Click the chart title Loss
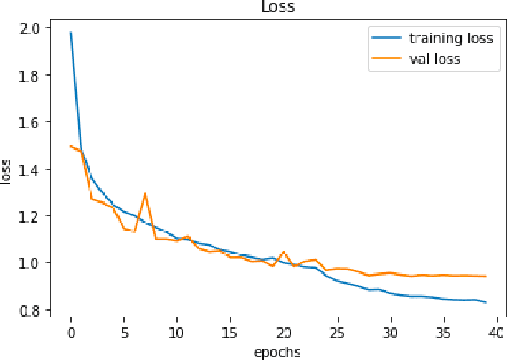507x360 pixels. pyautogui.click(x=278, y=7)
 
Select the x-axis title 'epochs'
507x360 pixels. pyautogui.click(x=278, y=351)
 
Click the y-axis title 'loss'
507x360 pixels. pyautogui.click(x=8, y=169)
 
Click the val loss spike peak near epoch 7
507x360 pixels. pyautogui.click(x=145, y=193)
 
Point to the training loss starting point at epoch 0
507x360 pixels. pyautogui.click(x=71, y=33)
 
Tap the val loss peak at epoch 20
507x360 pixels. pyautogui.click(x=284, y=252)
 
